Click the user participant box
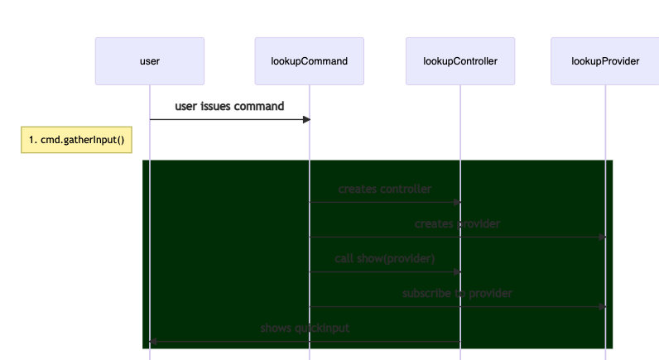coord(150,61)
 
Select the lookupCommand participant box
coord(309,61)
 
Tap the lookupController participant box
coord(460,61)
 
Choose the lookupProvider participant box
coord(604,61)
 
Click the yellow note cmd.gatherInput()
coord(76,140)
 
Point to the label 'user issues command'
coord(229,107)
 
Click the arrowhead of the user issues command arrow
coord(305,120)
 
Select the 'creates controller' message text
coord(385,190)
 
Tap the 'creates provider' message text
coord(457,224)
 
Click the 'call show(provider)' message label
coord(385,259)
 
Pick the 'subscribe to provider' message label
coord(457,294)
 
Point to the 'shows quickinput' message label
coord(305,329)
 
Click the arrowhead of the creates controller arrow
coord(456,202)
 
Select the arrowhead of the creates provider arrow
coord(602,237)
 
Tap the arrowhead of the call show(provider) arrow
coord(456,271)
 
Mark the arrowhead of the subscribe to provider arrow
coord(602,306)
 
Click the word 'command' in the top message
coord(258,107)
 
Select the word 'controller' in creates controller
coord(405,190)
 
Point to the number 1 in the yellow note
coord(31,140)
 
